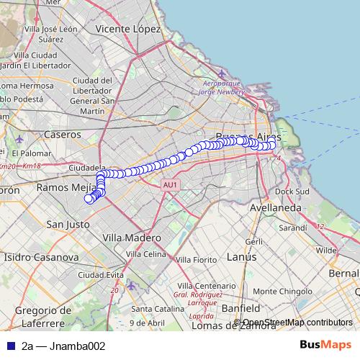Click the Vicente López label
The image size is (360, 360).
[127, 29]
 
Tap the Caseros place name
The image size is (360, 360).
[63, 134]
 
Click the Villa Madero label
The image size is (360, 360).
[132, 238]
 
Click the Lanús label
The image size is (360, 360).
[241, 256]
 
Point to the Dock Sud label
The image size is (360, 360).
[292, 192]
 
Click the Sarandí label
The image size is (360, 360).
[292, 227]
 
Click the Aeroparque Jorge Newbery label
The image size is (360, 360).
[229, 88]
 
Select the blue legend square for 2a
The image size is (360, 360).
[10, 346]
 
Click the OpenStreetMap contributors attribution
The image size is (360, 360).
[297, 323]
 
